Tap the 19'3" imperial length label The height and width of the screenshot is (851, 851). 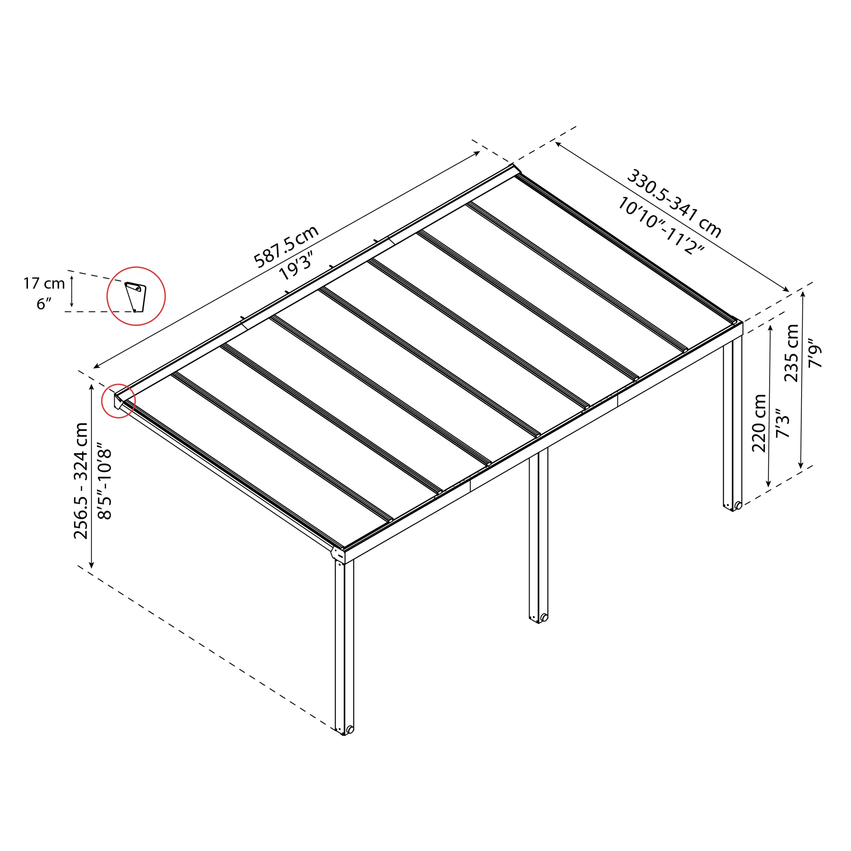[x=296, y=266]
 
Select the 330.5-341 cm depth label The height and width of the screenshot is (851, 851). [x=673, y=203]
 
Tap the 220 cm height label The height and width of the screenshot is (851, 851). [x=759, y=423]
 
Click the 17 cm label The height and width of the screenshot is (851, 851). [x=44, y=283]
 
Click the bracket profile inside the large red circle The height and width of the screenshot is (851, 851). [x=135, y=297]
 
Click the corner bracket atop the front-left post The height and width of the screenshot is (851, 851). [x=337, y=554]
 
